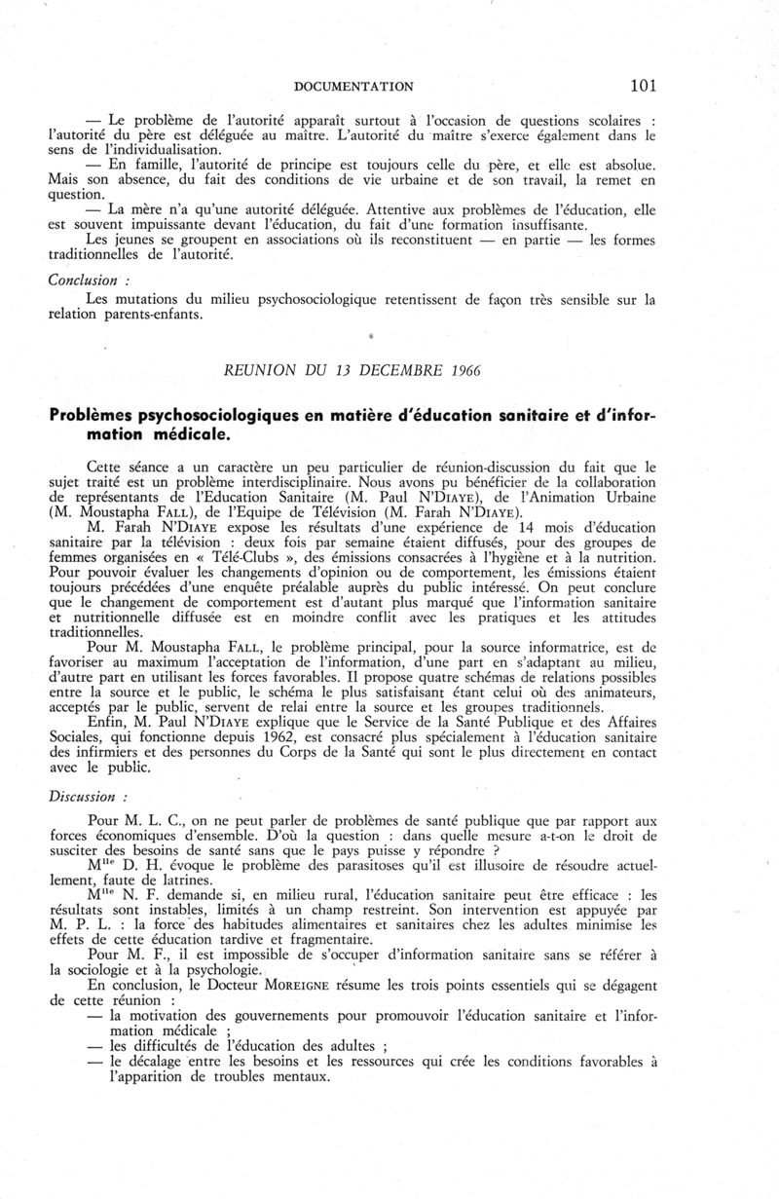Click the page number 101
643,85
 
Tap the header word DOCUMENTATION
353,86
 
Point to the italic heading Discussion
83,795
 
